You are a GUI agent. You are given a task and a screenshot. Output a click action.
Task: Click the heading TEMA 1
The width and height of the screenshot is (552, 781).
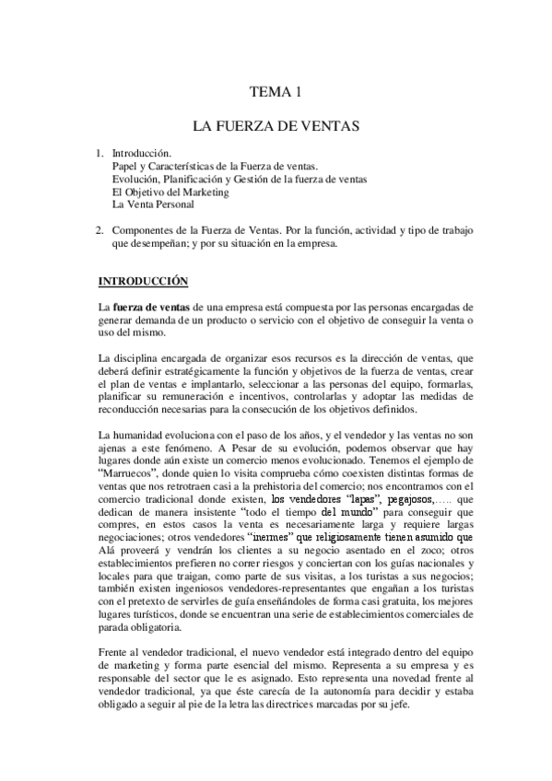click(x=276, y=91)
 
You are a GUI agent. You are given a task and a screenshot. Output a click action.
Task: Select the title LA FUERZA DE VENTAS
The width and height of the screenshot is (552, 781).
click(x=276, y=122)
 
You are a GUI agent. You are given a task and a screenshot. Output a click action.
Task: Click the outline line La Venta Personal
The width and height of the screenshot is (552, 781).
click(x=152, y=204)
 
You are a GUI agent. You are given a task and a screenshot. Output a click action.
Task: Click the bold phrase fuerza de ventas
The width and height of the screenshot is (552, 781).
click(x=151, y=307)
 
